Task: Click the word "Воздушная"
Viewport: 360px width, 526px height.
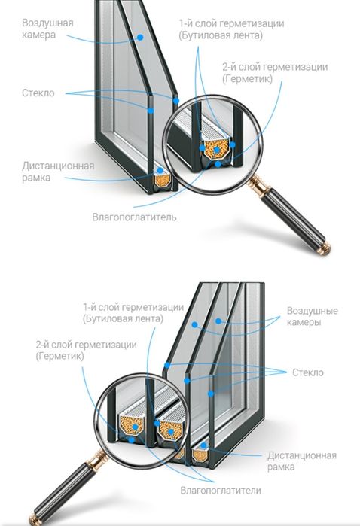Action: coord(47,23)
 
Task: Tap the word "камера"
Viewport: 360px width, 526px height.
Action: coord(38,35)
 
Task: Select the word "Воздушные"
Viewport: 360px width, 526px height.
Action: coord(312,311)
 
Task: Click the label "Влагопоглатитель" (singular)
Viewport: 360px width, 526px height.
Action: coord(134,217)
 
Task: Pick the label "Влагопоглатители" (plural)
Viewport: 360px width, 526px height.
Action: coord(221,490)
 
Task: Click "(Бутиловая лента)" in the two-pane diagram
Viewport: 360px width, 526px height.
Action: coord(221,35)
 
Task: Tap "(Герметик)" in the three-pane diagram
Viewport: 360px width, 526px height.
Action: coord(59,356)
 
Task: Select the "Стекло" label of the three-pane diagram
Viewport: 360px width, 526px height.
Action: coord(308,372)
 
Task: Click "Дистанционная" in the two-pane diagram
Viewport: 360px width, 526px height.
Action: coord(58,166)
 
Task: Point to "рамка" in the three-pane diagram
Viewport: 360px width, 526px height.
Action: coord(281,467)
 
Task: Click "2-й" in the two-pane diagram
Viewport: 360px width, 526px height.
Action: coord(232,67)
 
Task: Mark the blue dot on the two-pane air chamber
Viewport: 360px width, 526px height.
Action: coord(140,37)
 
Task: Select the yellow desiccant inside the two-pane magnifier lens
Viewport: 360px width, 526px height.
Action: coord(217,150)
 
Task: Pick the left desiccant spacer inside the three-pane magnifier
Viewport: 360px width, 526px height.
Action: coord(132,426)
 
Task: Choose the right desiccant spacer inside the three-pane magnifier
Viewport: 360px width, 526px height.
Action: coord(171,430)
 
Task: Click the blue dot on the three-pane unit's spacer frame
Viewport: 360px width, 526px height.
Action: coord(203,445)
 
